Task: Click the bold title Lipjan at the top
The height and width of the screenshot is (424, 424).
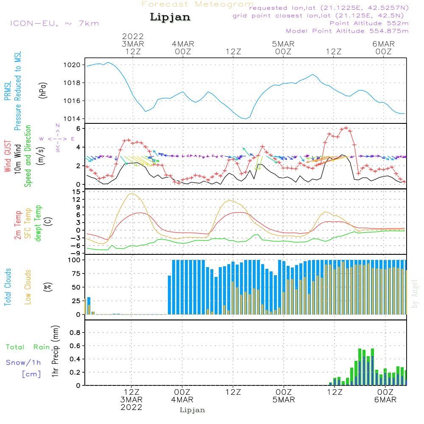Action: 170,17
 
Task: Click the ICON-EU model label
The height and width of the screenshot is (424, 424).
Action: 54,23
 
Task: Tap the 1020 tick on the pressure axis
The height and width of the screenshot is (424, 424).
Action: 72,65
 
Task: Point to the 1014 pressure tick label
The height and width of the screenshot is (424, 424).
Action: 72,119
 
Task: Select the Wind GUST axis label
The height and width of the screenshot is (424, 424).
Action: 8,156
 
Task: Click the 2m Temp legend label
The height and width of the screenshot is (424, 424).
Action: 17,225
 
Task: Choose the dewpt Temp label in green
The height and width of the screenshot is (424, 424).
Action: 38,223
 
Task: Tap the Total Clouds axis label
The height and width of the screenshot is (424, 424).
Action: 8,287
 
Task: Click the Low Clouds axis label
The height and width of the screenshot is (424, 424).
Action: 28,287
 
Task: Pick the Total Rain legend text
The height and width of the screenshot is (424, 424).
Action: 28,347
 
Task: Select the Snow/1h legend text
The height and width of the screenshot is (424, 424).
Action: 23,363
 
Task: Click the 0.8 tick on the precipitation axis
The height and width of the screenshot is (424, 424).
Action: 75,332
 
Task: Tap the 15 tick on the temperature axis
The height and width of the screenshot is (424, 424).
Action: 76,192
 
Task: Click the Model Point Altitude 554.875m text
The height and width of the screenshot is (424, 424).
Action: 347,31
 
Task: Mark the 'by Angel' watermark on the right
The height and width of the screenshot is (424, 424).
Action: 415,294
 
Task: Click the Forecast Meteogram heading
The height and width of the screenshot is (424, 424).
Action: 198,5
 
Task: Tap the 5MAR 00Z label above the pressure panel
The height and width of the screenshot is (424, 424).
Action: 283,48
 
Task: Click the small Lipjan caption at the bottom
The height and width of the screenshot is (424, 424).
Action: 192,410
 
